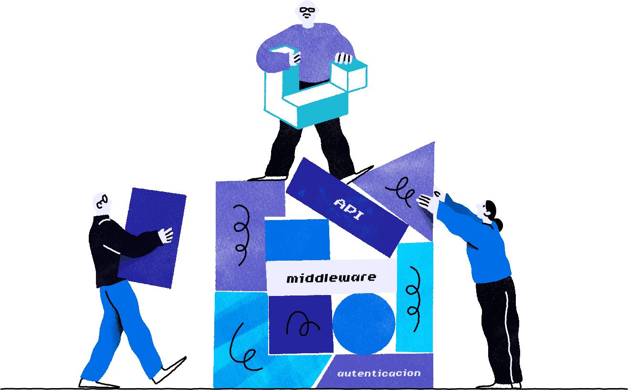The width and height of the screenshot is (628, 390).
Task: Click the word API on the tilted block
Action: pyautogui.click(x=348, y=209)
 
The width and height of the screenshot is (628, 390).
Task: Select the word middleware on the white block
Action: pyautogui.click(x=331, y=277)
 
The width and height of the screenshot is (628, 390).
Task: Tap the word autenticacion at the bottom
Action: pyautogui.click(x=379, y=373)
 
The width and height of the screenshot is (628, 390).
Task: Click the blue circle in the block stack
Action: pyautogui.click(x=364, y=324)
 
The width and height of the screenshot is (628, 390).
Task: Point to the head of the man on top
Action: pyautogui.click(x=306, y=13)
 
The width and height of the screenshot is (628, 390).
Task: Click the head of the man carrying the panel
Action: pyautogui.click(x=102, y=203)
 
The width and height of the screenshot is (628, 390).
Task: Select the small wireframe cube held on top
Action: pyautogui.click(x=348, y=76)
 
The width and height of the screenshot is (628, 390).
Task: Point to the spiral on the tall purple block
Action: pyautogui.click(x=241, y=234)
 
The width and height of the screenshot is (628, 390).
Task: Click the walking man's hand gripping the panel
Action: pyautogui.click(x=166, y=235)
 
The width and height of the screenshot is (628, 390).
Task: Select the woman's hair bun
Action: pyautogui.click(x=499, y=224)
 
